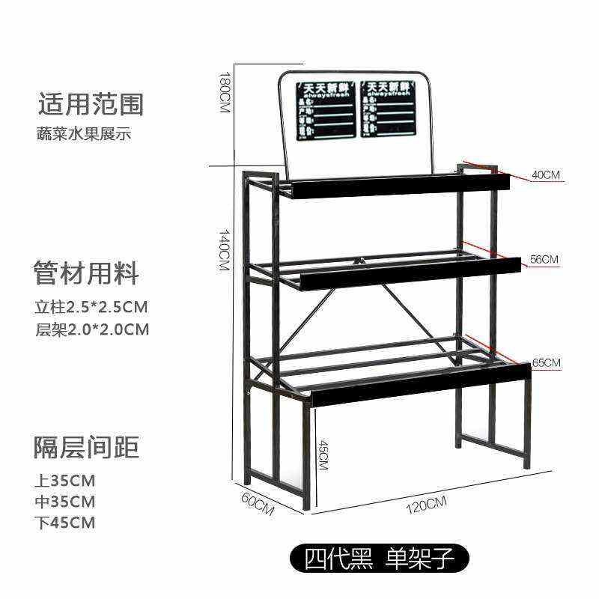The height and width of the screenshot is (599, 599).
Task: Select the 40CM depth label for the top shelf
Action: pos(546,175)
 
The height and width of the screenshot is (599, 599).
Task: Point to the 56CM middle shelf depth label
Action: pos(544,260)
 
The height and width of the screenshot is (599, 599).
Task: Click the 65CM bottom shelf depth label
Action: pos(546,363)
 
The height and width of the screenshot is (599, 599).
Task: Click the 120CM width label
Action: pos(425,504)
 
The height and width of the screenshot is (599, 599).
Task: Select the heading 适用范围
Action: pos(91,104)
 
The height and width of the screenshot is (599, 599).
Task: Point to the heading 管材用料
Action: pos(87,273)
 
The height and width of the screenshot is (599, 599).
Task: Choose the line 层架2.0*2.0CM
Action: pos(91,329)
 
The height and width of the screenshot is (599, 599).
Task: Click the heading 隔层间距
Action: pos(87,447)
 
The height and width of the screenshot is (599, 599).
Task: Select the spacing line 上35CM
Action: pos(65,480)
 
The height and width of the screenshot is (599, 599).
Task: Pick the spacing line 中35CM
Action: pos(65,501)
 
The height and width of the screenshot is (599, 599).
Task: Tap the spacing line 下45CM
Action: pos(65,523)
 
